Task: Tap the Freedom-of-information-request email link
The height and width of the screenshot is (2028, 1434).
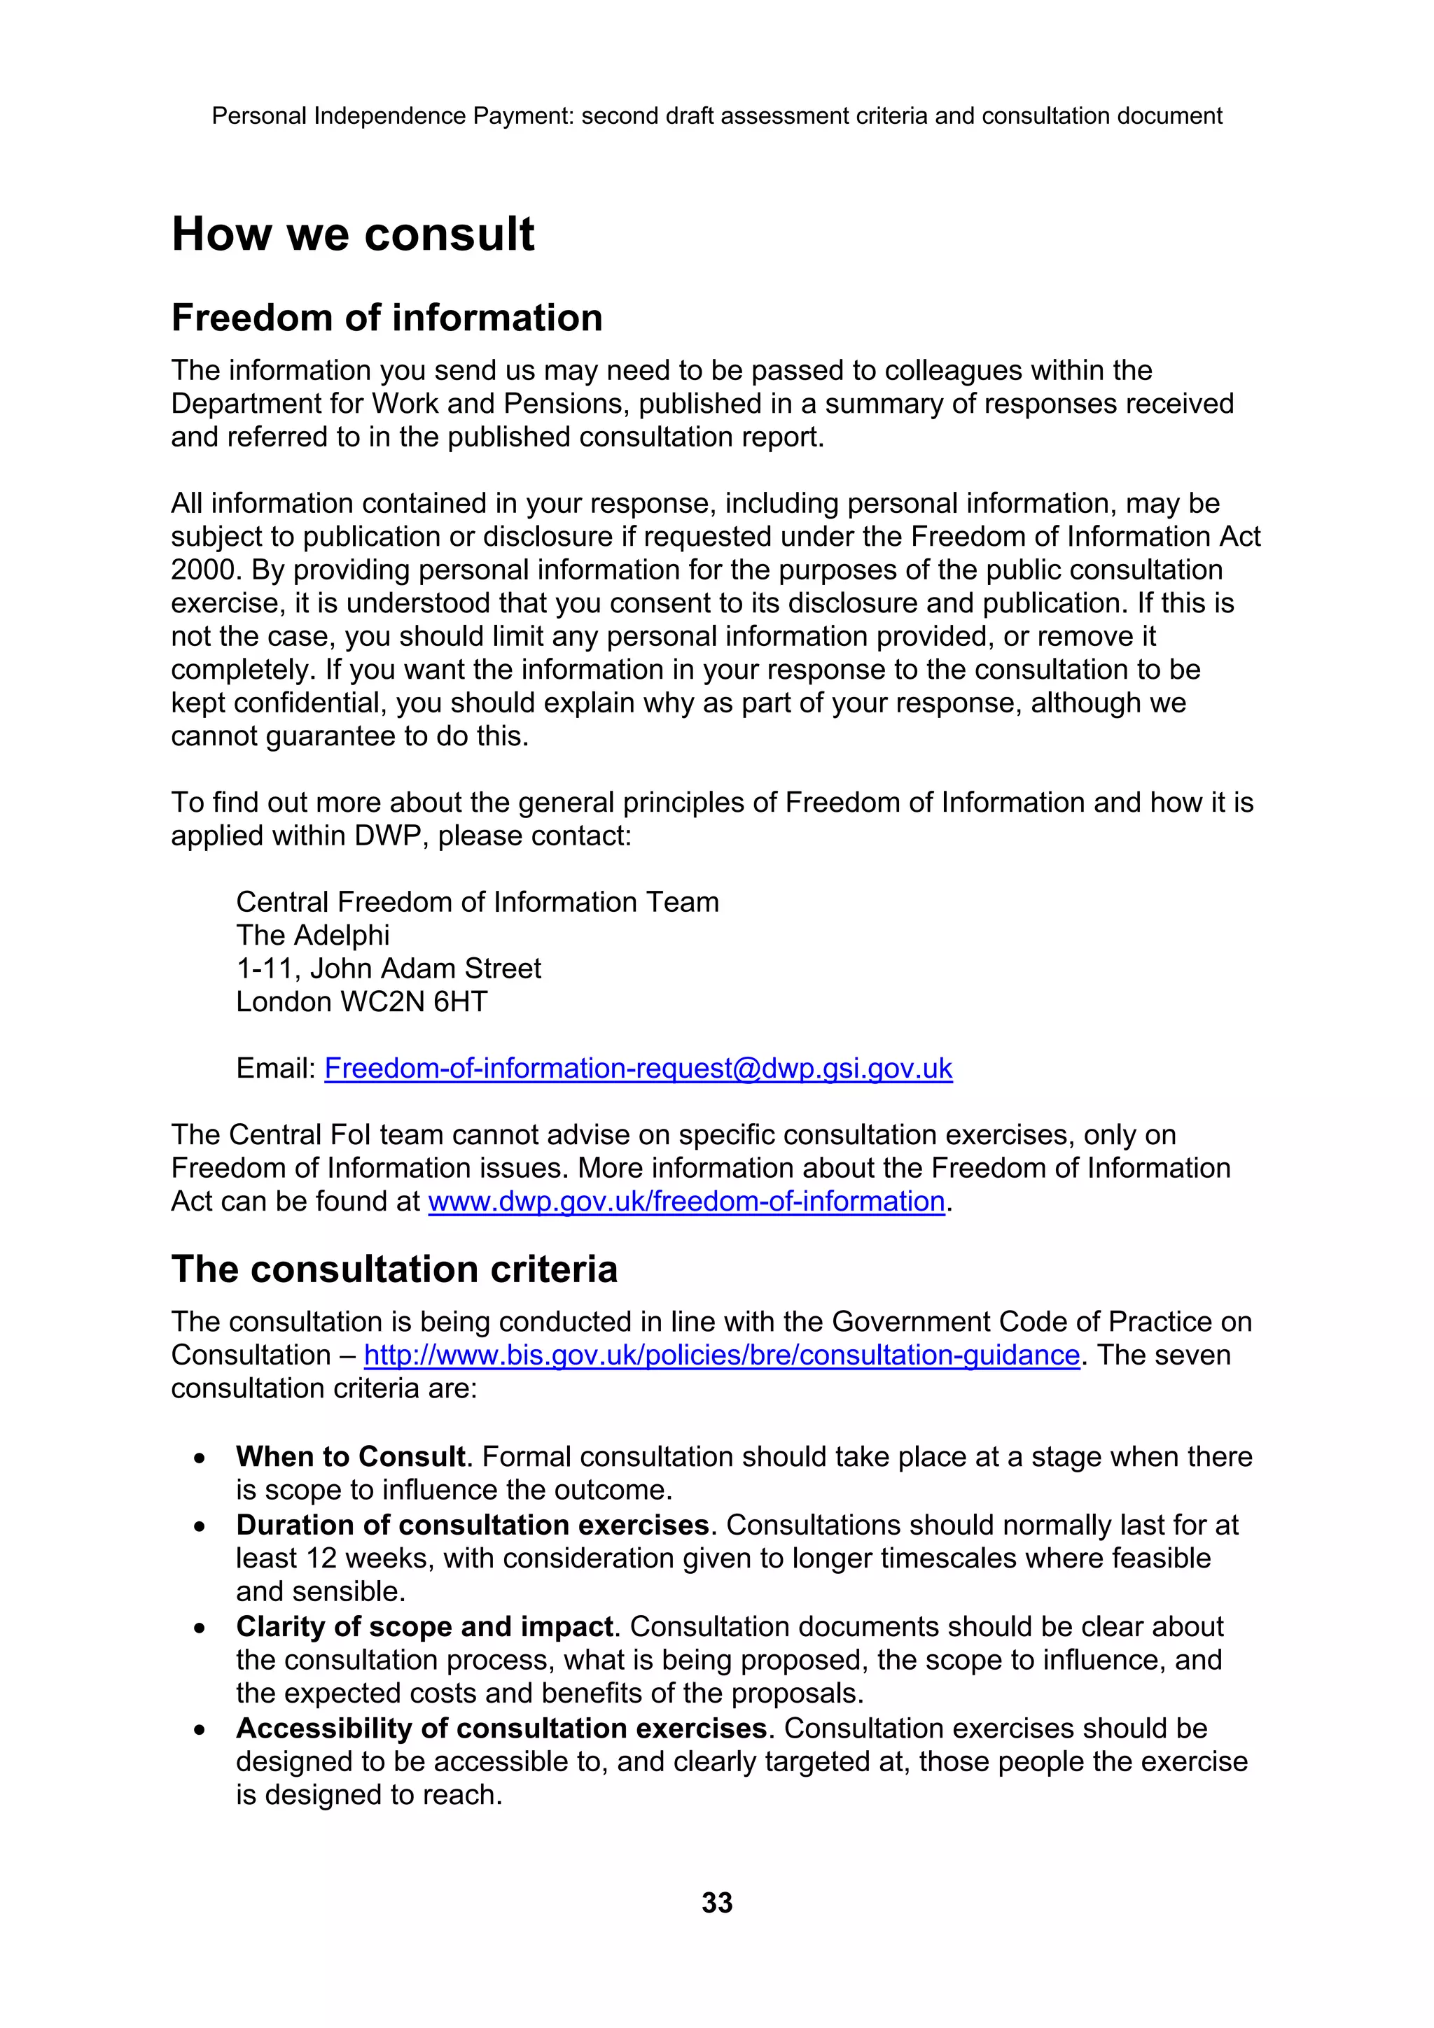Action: point(638,1069)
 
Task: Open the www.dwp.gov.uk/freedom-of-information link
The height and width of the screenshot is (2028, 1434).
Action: point(686,1202)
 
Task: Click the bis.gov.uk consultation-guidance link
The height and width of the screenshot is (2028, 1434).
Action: point(722,1355)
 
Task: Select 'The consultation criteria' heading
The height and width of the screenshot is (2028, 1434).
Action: point(394,1269)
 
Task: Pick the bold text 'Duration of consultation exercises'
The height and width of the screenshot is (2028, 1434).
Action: point(473,1526)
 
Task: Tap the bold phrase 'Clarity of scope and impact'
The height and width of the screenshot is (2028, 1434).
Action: point(424,1627)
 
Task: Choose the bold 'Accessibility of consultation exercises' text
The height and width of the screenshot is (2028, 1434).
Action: point(501,1728)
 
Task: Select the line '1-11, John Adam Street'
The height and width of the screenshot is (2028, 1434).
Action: point(388,969)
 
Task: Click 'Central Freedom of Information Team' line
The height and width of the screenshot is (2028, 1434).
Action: point(477,902)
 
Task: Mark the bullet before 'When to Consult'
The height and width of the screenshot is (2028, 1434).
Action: point(202,1458)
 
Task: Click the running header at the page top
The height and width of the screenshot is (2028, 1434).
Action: point(716,115)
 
